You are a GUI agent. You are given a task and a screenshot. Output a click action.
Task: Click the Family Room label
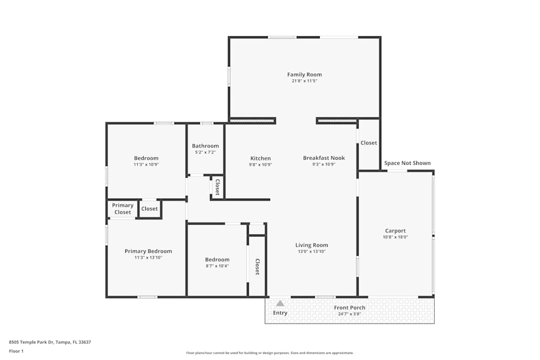point(304,74)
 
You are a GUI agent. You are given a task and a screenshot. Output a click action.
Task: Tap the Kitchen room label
point(260,158)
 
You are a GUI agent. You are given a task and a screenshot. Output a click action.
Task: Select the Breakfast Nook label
point(323,158)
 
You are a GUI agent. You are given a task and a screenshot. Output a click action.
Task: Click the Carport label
point(395,230)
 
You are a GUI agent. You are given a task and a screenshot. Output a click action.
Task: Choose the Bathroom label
point(205,146)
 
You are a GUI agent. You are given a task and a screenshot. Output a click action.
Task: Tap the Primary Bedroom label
point(148,251)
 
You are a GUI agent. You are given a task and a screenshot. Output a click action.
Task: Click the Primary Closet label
point(123,209)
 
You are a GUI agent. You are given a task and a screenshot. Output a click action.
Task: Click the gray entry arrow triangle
point(280,303)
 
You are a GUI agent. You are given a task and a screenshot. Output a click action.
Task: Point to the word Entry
point(280,313)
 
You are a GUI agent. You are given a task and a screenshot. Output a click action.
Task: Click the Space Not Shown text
point(407,163)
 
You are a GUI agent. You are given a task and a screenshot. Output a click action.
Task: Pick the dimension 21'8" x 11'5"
point(304,81)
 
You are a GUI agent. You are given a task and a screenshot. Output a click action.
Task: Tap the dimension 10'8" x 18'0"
point(395,237)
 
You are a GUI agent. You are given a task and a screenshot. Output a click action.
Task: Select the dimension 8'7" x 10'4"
point(217,266)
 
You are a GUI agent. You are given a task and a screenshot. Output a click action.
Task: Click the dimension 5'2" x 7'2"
point(205,152)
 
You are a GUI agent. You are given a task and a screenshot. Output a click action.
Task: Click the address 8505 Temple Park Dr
point(32,342)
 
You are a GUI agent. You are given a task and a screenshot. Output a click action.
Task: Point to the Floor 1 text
point(16,351)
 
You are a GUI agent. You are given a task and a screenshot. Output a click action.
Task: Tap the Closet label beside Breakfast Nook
point(369,143)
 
